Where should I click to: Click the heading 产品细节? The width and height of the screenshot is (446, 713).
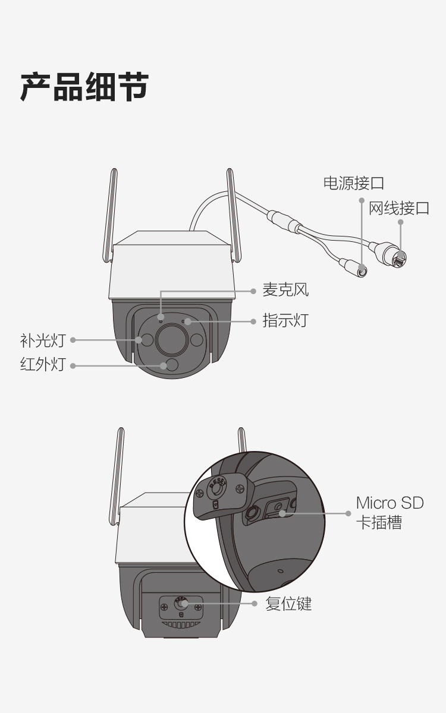[84, 87]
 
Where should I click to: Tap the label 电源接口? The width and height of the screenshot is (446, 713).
[354, 184]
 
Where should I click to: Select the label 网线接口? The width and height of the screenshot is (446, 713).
[399, 208]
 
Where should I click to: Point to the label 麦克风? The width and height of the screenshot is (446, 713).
[285, 290]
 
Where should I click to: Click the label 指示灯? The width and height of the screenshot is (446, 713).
[285, 320]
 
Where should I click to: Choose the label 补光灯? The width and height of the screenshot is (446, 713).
[43, 340]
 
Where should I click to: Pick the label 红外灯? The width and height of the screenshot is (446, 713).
[43, 364]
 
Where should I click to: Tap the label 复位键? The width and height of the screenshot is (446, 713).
[288, 604]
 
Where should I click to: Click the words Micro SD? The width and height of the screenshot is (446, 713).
[390, 503]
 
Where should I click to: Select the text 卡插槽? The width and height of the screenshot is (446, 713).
[379, 522]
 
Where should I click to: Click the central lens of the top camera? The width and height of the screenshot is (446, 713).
[172, 340]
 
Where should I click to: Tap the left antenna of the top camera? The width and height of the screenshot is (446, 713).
[110, 215]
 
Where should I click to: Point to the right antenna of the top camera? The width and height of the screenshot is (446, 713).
[234, 215]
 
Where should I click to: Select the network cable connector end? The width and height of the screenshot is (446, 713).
[399, 257]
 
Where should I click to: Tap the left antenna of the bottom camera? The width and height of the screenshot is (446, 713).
[116, 476]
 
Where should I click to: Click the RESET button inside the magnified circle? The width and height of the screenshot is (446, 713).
[216, 489]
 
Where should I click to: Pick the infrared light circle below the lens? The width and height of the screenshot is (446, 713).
[172, 365]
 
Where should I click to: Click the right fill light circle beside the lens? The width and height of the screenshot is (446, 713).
[197, 340]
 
